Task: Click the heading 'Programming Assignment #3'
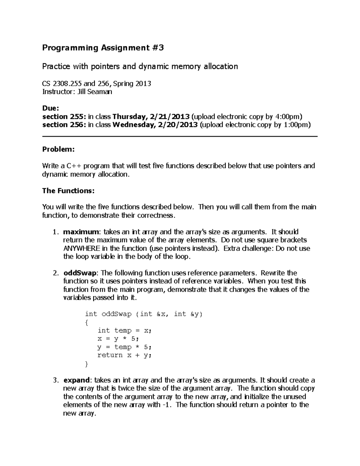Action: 103,48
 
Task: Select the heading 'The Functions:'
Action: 68,191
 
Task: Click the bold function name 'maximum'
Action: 81,232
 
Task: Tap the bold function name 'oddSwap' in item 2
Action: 80,273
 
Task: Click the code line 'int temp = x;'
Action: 124,330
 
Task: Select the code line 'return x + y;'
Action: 124,355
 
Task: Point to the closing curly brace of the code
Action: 87,364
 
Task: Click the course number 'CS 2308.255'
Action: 62,83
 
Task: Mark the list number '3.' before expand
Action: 55,380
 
